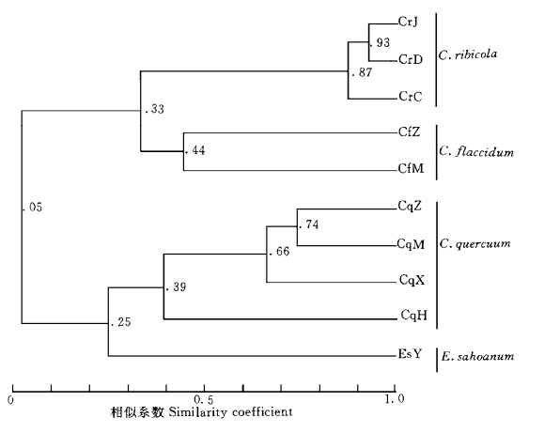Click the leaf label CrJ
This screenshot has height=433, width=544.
click(408, 23)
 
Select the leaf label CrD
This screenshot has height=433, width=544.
click(411, 60)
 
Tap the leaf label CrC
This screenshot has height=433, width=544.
click(411, 97)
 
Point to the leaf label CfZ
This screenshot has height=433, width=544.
click(410, 131)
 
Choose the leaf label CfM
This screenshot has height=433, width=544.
click(412, 169)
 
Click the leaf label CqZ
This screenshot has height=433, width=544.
click(410, 207)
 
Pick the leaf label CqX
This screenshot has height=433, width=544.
click(412, 280)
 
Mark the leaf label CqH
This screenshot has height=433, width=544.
click(414, 316)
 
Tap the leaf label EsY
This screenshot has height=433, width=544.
click(410, 354)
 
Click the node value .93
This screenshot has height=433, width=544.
click(381, 42)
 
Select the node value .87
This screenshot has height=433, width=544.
click(363, 72)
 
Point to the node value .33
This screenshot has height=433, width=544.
click(154, 109)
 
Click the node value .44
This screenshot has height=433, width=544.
click(195, 150)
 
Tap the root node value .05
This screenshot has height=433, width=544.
click(33, 208)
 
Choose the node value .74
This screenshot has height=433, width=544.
click(309, 224)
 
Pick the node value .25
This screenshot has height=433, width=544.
click(121, 322)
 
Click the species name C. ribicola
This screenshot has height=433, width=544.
click(468, 54)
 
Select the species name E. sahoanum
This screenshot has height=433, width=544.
click(477, 357)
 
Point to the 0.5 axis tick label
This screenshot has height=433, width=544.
click(204, 400)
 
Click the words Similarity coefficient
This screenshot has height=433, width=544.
click(230, 412)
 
